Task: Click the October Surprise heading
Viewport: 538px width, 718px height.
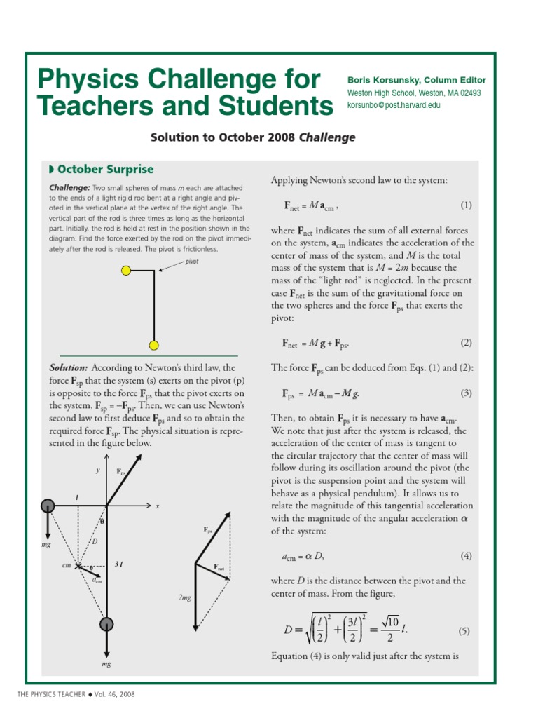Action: point(105,170)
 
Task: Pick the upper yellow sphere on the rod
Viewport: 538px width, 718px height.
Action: point(126,270)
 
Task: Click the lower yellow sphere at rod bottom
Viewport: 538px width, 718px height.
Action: point(154,344)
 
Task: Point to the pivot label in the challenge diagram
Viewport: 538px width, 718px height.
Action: point(192,261)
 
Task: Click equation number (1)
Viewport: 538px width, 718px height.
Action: point(467,205)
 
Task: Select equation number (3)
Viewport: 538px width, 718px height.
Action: point(467,393)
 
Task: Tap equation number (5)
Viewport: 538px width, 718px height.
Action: point(464,631)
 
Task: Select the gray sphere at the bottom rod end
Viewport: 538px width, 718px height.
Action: point(106,624)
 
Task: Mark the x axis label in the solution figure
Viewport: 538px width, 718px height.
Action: point(157,506)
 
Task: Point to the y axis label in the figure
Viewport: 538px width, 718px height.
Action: point(97,470)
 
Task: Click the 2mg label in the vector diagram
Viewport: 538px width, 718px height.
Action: point(184,597)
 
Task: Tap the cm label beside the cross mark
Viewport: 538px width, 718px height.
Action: point(67,565)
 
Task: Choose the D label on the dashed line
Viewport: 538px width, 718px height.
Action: point(93,541)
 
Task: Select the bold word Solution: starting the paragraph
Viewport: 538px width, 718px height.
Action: point(69,367)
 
